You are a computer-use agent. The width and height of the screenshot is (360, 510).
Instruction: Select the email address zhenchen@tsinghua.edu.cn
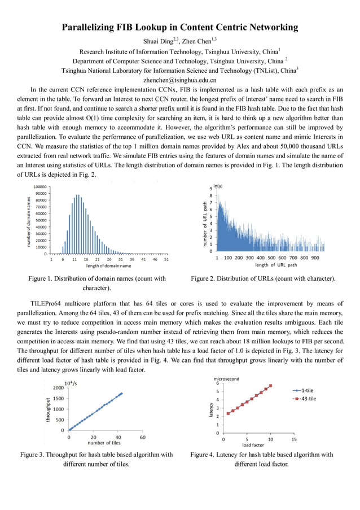click(x=180, y=80)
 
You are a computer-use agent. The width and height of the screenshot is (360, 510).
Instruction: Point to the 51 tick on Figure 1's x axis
click(x=166, y=259)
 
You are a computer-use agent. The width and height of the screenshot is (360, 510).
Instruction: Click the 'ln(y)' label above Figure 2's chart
click(x=218, y=186)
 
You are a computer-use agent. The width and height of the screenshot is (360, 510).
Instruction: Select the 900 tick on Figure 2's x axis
click(x=314, y=258)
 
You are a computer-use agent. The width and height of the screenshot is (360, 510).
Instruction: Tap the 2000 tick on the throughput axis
click(x=58, y=388)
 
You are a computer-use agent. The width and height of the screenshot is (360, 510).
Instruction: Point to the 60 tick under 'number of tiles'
click(x=142, y=437)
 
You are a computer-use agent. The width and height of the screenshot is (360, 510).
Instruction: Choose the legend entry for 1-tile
click(x=308, y=390)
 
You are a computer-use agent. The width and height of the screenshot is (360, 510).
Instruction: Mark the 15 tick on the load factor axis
click(x=294, y=439)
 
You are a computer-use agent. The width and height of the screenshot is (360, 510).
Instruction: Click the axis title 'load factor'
click(x=254, y=444)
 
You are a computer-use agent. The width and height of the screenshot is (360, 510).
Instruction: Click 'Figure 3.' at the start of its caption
click(x=34, y=455)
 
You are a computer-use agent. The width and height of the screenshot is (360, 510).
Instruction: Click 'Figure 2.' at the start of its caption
click(x=205, y=278)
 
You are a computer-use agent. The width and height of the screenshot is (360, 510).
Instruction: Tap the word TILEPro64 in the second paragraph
click(x=49, y=302)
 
